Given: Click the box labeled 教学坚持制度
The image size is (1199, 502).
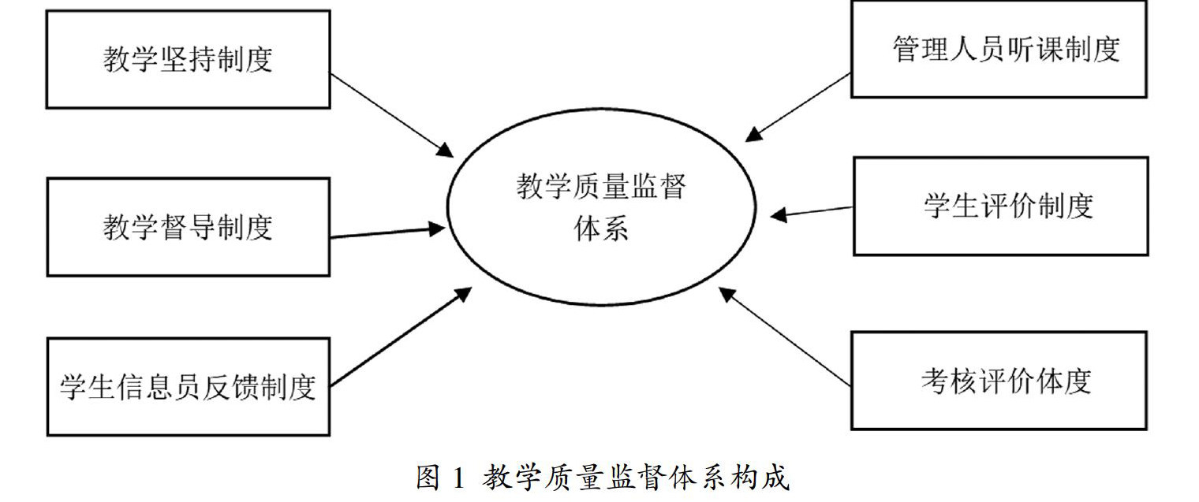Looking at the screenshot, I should pos(188,59).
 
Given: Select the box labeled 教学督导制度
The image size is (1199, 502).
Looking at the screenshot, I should pos(188,227).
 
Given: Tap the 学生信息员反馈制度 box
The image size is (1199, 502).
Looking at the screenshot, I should pos(188,386).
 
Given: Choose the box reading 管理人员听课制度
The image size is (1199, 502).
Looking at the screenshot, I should pos(999,49).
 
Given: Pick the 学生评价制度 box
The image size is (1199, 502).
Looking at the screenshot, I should pos(1000,206).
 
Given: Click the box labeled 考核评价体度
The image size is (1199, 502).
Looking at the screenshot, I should pos(999,381).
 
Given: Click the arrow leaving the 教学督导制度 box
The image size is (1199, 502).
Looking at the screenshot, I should pos(387,232).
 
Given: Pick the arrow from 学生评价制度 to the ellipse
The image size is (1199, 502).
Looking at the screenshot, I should pos(812,211).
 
